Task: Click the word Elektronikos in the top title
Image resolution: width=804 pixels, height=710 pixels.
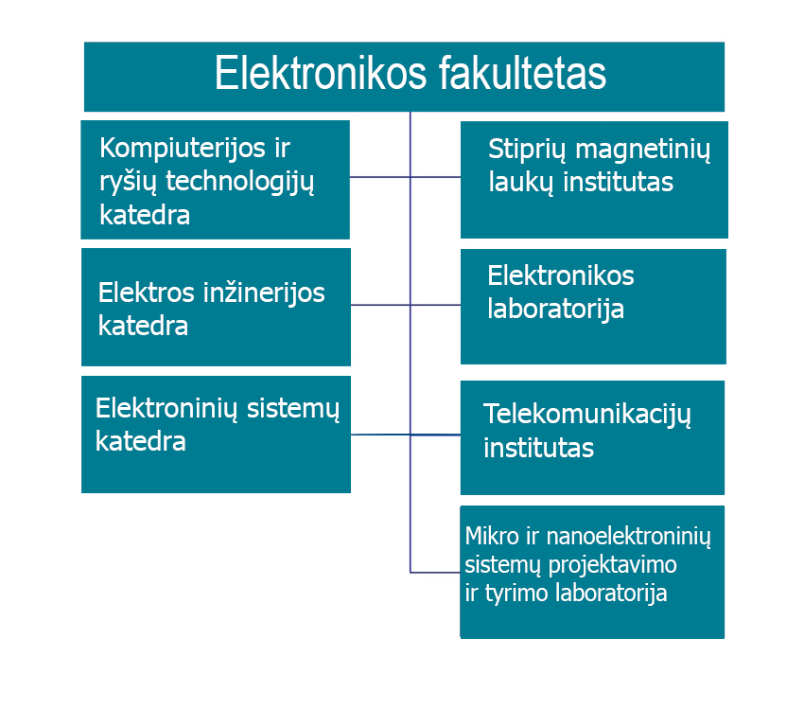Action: coord(321,73)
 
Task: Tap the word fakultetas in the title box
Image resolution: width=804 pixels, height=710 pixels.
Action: coord(522,73)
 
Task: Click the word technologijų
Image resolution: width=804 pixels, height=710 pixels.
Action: coord(239,183)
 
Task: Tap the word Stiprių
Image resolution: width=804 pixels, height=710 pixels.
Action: coord(527,151)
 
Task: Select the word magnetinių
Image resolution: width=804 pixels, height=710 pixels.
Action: coord(643,151)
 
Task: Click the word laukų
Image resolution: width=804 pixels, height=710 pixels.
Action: coord(520,183)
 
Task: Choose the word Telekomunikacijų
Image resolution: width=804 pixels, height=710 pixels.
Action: coord(587,416)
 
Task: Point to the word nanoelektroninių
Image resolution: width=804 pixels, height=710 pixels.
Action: coord(629,538)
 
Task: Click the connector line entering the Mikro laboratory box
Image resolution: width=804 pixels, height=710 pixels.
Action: coord(435,572)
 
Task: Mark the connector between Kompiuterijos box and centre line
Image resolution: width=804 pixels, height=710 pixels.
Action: coord(380,177)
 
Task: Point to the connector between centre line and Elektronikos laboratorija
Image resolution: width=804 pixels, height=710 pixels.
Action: coord(435,305)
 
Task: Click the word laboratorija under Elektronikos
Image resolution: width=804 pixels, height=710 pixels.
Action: coord(556,310)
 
